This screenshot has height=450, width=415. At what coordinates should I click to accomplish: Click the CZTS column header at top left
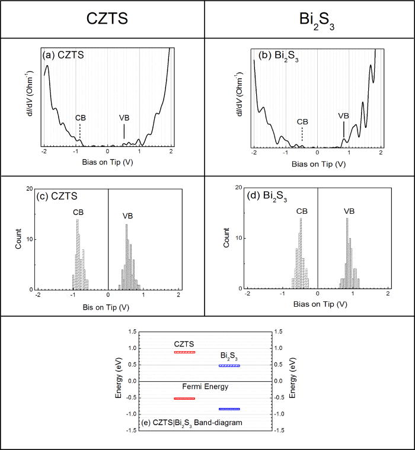click(x=103, y=18)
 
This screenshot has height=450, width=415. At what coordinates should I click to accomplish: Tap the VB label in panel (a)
click(x=124, y=117)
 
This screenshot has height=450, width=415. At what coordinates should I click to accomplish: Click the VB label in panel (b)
click(x=343, y=116)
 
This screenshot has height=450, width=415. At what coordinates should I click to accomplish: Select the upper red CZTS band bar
click(x=184, y=352)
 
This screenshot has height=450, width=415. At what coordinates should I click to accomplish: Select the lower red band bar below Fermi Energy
click(x=184, y=398)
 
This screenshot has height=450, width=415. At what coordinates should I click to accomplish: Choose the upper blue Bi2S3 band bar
click(x=229, y=366)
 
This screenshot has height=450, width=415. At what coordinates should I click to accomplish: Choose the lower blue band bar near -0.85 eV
click(x=229, y=409)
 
